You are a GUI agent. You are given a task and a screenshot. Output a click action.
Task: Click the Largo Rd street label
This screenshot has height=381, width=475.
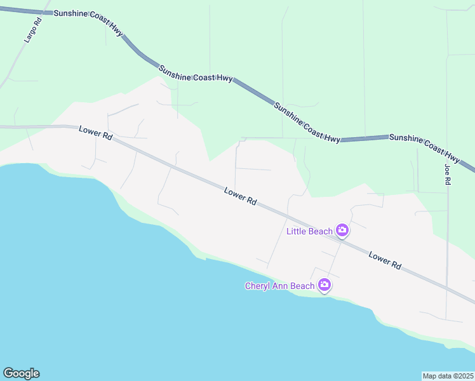pos(32,30)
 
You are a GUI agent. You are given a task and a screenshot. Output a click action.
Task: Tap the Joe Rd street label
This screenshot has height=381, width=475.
pos(448,174)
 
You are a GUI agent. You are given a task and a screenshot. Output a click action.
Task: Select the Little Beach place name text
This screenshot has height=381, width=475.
pos(309,231)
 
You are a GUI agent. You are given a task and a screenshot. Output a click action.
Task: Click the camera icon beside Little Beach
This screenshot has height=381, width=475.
pos(342,231)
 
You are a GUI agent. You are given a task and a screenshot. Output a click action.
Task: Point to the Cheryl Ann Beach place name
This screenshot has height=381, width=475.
pos(279,286)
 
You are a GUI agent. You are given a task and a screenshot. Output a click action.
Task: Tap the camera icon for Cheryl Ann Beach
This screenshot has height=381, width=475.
pos(324,285)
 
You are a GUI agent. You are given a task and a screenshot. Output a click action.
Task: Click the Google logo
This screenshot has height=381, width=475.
pos(21,373)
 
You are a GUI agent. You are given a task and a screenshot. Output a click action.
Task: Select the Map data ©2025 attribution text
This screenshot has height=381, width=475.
pos(448,376)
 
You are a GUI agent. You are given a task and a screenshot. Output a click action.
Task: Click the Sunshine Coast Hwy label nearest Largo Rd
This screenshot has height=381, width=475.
pos(88,23)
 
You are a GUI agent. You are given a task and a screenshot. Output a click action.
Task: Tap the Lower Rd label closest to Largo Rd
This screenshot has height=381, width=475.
pos(96,133)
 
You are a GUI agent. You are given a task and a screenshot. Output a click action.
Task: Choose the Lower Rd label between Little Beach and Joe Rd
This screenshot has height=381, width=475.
pos(385,260)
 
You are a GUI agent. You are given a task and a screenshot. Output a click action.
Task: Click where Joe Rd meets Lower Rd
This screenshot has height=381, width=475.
pos(446,286)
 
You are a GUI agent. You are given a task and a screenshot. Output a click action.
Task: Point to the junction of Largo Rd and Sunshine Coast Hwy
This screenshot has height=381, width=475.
pos(43,13)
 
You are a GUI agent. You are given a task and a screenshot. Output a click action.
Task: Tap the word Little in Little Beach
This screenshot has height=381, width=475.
pos(297,231)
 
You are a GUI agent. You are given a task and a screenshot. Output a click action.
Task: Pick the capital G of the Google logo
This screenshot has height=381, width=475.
pos(8,373)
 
